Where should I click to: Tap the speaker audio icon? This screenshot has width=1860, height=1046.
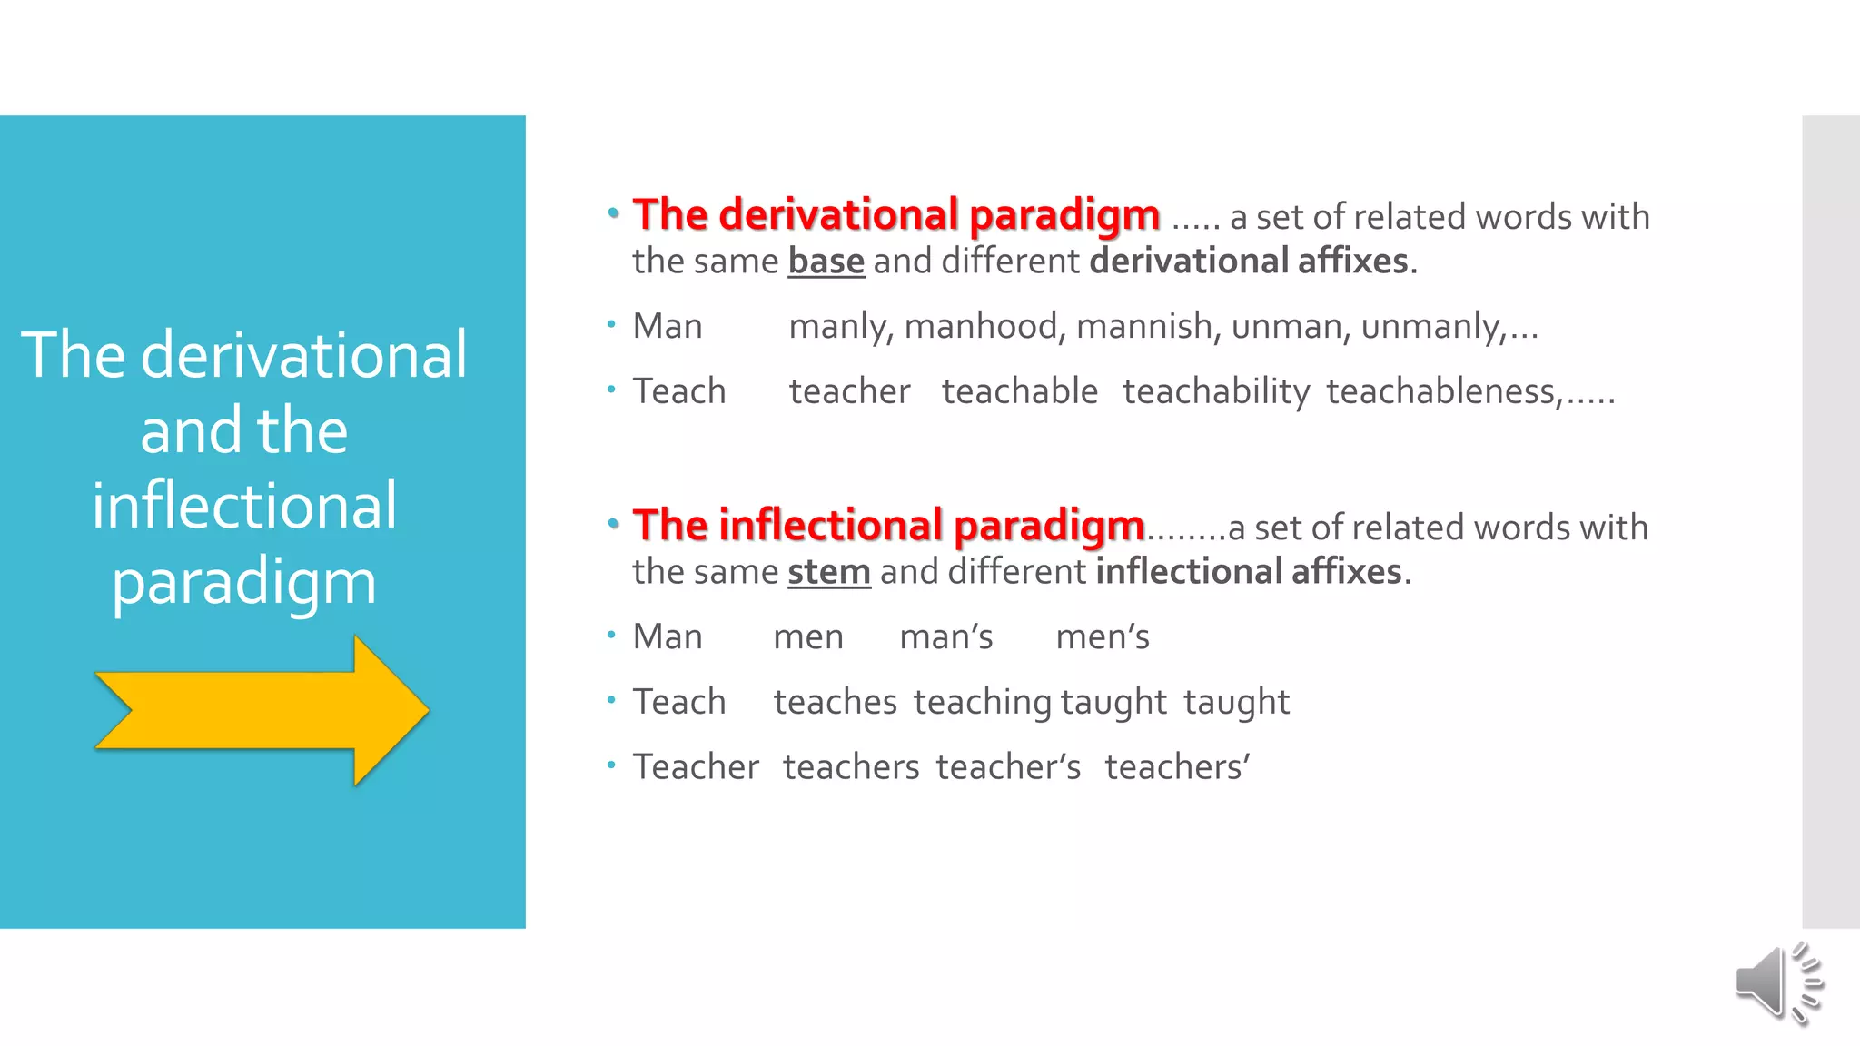[x=1777, y=983]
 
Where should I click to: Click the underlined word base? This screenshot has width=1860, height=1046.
[x=826, y=261]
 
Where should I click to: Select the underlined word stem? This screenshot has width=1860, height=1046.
[x=828, y=572]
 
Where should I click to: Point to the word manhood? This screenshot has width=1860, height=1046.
[x=981, y=326]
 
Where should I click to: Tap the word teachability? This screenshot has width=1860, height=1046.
[x=1216, y=391]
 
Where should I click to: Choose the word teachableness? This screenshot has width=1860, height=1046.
[x=1443, y=391]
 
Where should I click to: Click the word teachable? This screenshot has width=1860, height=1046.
[x=1020, y=391]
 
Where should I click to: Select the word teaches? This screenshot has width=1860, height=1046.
[x=836, y=702]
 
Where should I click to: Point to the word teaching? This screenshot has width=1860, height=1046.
[x=983, y=702]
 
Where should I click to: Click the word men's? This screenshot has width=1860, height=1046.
[x=1103, y=637]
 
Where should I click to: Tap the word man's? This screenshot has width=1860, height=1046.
[x=946, y=637]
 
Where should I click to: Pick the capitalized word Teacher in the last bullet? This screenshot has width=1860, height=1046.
[x=696, y=767]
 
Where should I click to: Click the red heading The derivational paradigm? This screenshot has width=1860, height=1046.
[x=896, y=215]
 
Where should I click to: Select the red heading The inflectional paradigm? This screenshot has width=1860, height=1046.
[x=888, y=526]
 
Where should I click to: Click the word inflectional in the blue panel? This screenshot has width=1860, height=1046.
[x=244, y=506]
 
